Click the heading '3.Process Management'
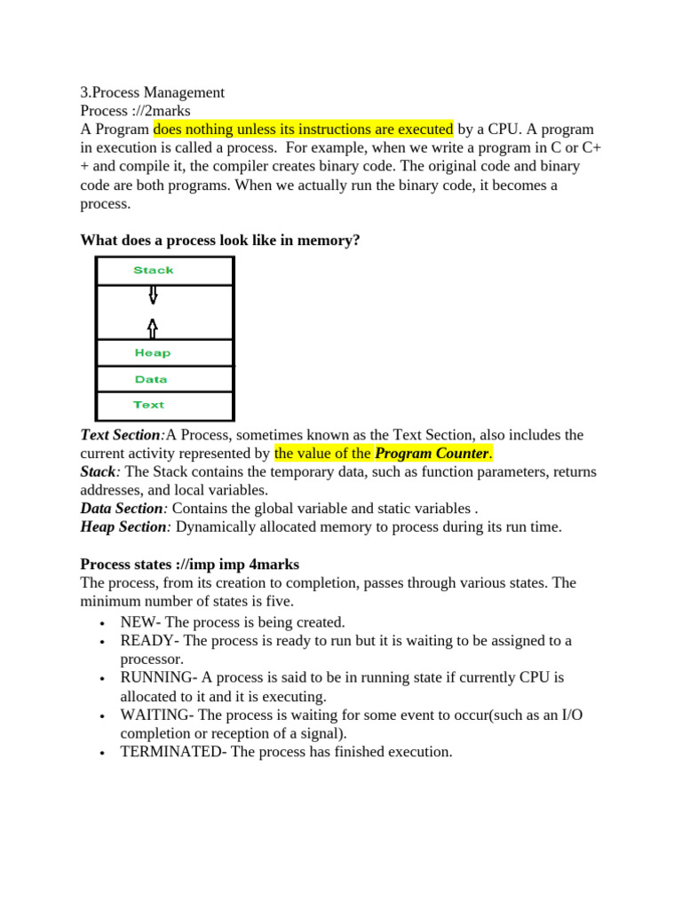tap(152, 92)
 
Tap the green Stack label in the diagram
tap(154, 270)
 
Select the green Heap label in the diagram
tap(153, 352)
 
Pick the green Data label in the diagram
tap(151, 379)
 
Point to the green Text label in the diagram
tap(149, 405)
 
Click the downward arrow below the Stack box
tap(154, 294)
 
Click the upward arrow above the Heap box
tap(153, 328)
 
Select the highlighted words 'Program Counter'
tap(432, 454)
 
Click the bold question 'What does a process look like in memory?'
tap(220, 240)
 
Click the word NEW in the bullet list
tap(139, 622)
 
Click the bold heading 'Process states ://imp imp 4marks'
tap(189, 565)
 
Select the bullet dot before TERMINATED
tap(105, 753)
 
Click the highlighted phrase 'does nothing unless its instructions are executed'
tap(304, 130)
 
